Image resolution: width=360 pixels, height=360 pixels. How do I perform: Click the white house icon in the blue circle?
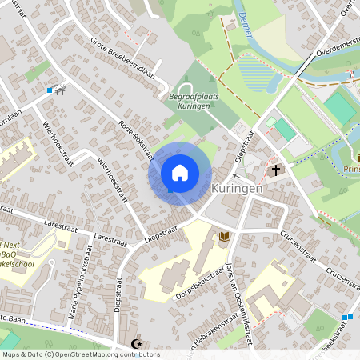click(180, 172)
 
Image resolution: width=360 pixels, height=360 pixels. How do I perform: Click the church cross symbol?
click(275, 170)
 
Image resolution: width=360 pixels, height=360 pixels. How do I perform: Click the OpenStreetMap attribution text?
click(80, 354)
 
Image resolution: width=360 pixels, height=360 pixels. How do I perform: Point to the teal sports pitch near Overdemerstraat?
click(339, 108)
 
